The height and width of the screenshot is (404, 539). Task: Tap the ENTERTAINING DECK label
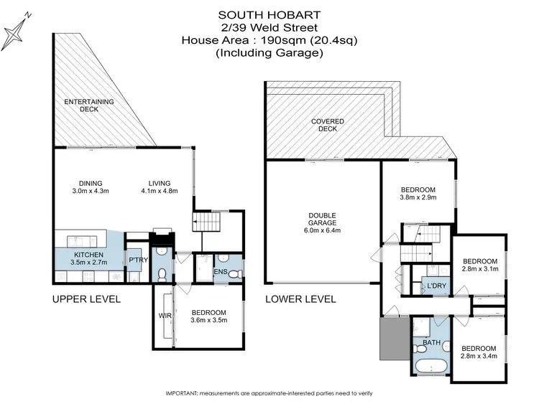click(88, 105)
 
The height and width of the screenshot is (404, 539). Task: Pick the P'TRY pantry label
click(137, 260)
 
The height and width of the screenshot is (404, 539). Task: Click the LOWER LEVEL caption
click(300, 299)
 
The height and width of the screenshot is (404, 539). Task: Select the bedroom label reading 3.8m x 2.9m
click(418, 195)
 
